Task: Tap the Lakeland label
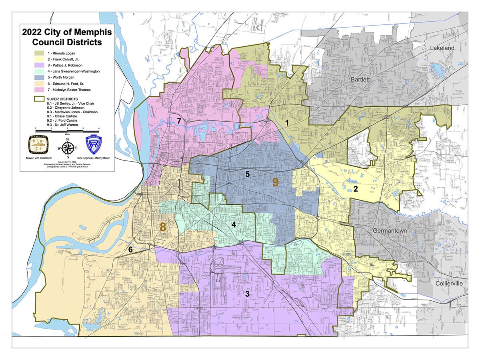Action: [442, 48]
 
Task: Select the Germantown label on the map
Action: [391, 231]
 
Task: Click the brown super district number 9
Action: [275, 182]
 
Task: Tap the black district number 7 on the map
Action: [179, 120]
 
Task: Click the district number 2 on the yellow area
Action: [355, 189]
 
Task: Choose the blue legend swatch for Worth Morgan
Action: [39, 77]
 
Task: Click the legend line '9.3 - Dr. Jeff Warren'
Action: [66, 124]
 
